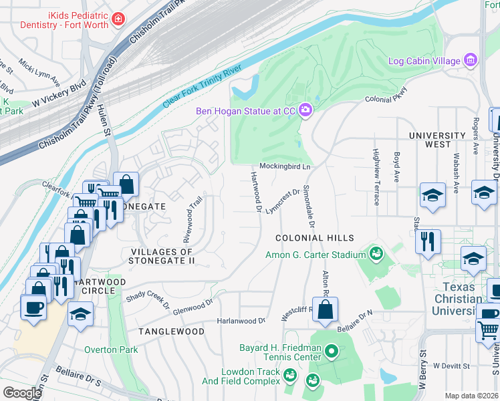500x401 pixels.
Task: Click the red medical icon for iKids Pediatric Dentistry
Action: (x=119, y=19)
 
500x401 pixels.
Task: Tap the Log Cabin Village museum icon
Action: (x=471, y=61)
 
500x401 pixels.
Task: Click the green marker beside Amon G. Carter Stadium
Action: (x=376, y=254)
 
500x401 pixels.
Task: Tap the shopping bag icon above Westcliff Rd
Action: (x=325, y=310)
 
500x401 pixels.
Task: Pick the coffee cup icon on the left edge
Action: (x=34, y=308)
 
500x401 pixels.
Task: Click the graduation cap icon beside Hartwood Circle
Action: (x=80, y=313)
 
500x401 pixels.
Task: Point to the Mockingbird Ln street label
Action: (x=285, y=166)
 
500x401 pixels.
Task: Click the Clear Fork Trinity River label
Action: (x=203, y=84)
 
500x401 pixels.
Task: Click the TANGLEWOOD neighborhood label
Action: (x=171, y=331)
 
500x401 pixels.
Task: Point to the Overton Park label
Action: (x=111, y=350)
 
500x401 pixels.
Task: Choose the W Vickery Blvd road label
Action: (x=59, y=94)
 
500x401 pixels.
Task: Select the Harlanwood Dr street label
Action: (x=241, y=321)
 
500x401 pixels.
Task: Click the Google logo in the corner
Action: (x=22, y=393)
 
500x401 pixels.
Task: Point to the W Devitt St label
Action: (x=452, y=366)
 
